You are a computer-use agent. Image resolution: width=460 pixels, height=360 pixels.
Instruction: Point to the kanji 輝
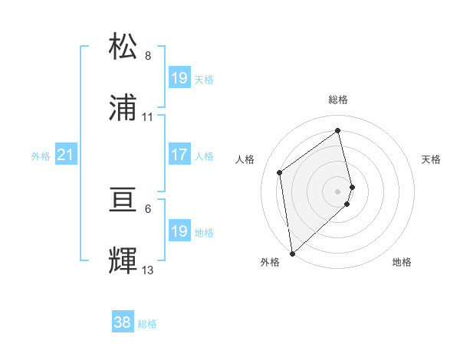(x=123, y=260)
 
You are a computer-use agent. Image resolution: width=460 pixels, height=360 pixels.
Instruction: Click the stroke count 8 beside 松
(x=148, y=56)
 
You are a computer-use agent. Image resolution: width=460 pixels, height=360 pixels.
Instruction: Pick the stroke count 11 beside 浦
(x=148, y=117)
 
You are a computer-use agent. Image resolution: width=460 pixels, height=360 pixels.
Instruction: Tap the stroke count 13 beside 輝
(x=148, y=270)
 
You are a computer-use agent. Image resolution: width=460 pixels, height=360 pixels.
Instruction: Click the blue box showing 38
(x=123, y=323)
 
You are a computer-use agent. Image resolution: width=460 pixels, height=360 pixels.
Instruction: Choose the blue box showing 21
(x=65, y=155)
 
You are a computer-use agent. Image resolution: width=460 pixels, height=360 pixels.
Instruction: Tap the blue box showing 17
(x=179, y=155)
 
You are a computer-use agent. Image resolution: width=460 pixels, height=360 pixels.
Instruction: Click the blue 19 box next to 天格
(x=179, y=78)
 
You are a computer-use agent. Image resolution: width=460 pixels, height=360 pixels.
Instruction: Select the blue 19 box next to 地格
(x=179, y=232)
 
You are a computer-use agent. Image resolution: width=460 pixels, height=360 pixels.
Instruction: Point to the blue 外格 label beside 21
(x=41, y=156)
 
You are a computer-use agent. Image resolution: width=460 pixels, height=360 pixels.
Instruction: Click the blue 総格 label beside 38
(x=147, y=324)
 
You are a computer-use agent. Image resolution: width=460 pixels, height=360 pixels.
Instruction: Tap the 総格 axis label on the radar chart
(x=338, y=100)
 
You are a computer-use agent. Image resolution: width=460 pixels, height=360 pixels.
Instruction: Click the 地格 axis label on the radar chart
(x=402, y=262)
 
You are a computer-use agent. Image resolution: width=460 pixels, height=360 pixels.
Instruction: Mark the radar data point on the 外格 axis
(x=292, y=253)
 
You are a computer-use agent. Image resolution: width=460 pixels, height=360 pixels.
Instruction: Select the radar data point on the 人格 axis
(x=280, y=172)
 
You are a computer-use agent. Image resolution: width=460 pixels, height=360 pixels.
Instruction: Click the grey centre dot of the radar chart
(x=338, y=191)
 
